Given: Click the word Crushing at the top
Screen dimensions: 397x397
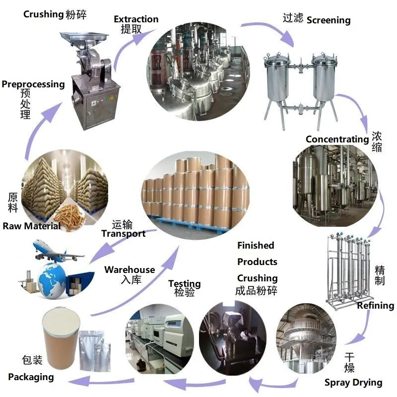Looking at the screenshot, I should [43, 14].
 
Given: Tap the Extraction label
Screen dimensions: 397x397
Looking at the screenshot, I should [136, 19].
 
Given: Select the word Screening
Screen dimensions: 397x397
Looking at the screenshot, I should [328, 20].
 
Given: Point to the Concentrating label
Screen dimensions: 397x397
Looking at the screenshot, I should [337, 139].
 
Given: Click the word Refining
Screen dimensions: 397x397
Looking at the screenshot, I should [376, 306].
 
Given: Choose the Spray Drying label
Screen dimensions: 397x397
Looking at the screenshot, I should [353, 382].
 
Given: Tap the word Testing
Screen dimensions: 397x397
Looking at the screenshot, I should [185, 283].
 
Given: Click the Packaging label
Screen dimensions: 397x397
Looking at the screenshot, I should [31, 377].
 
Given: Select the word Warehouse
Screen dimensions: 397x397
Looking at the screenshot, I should [130, 270].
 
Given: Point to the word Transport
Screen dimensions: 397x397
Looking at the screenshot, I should [124, 233].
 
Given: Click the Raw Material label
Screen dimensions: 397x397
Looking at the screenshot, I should [32, 226].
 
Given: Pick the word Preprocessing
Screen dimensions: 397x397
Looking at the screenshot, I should [33, 84].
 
